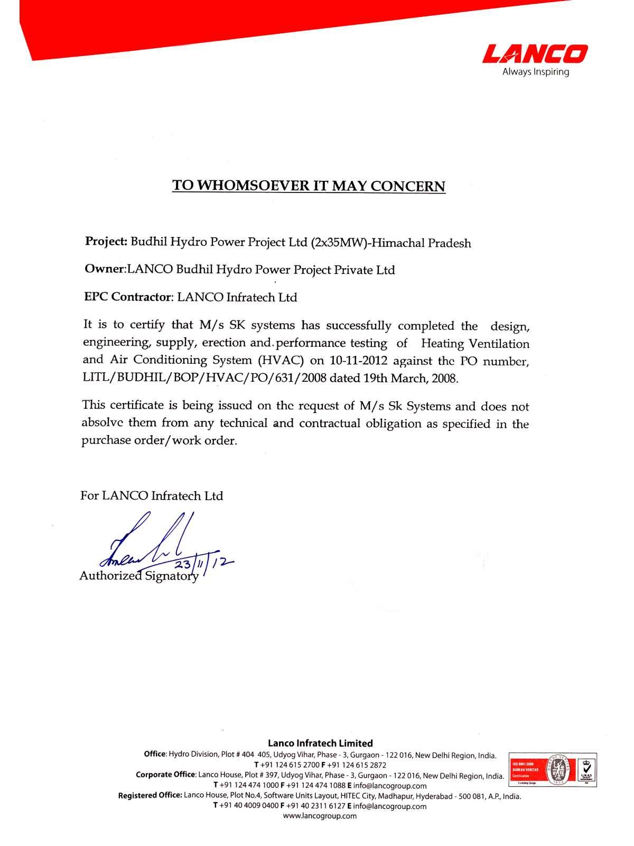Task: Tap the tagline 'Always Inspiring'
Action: point(535,72)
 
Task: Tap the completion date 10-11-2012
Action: point(359,361)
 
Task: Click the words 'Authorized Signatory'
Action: point(138,576)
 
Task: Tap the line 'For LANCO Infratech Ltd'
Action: point(152,496)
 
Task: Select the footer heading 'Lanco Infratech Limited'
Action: point(320,743)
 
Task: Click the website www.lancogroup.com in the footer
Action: point(320,816)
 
